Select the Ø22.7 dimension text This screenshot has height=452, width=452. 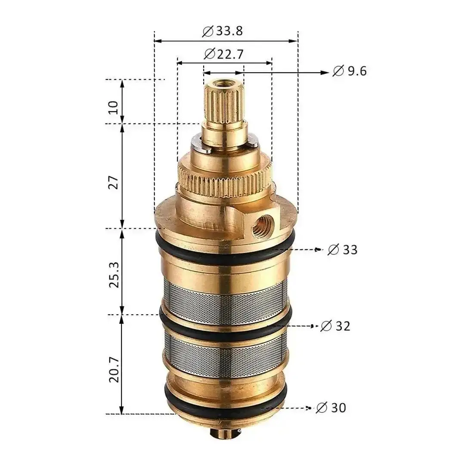[223, 54]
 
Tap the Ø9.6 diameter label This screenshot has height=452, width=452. [350, 71]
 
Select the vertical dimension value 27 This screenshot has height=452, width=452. [113, 182]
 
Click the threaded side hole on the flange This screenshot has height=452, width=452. [260, 226]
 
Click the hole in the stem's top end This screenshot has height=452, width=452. [223, 81]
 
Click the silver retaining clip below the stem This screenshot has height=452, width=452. [198, 143]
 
